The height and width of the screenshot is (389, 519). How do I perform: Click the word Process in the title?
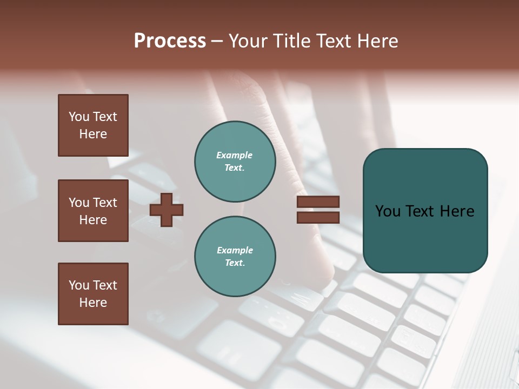tap(170, 41)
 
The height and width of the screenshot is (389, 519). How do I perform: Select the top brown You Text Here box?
tap(93, 125)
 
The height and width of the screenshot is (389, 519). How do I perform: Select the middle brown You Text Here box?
tap(93, 211)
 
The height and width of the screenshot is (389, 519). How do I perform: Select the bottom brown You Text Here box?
tap(93, 294)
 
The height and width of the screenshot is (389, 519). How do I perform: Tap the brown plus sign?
tap(166, 209)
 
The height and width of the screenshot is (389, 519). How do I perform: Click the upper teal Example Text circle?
tap(235, 161)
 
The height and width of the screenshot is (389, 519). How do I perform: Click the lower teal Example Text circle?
tap(235, 256)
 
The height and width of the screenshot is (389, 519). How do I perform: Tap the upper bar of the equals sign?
tap(318, 202)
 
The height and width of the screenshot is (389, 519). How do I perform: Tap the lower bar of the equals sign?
tap(318, 218)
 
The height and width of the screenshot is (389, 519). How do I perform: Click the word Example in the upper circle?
tap(235, 155)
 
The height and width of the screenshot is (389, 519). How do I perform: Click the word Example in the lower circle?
tap(235, 250)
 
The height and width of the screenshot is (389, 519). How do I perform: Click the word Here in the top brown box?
tap(93, 134)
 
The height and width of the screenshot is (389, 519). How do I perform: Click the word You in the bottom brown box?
tap(79, 285)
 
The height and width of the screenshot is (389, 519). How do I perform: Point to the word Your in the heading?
tap(248, 41)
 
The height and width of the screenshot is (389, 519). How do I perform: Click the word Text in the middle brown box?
tap(104, 203)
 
